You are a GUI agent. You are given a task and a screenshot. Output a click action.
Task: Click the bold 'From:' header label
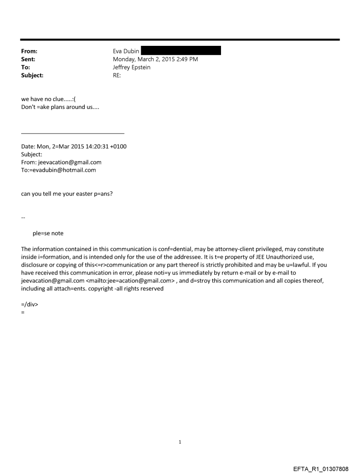29,51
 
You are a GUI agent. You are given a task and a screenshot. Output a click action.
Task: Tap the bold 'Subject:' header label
32,75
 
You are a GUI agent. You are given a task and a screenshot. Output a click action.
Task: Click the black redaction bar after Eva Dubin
180,51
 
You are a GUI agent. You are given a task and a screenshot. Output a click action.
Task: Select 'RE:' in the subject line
117,75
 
